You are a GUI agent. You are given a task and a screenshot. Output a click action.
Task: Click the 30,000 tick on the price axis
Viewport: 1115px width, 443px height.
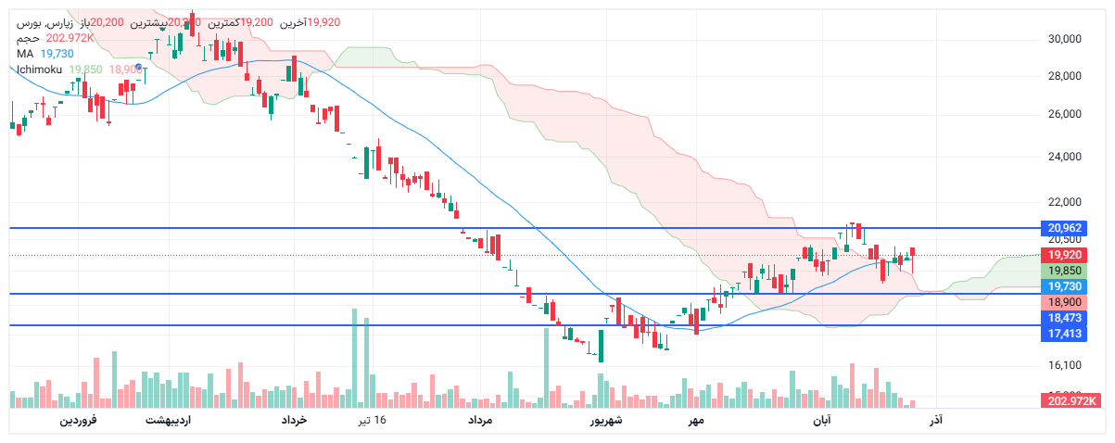1065,39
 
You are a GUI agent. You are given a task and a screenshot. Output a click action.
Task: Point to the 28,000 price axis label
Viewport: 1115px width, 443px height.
1065,77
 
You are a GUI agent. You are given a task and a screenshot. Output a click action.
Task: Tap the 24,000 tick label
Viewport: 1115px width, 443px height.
1065,157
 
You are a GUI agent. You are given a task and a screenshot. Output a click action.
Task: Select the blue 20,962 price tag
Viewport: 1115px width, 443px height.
1065,228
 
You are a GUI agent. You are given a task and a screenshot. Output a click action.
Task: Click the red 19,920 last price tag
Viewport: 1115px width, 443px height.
1065,255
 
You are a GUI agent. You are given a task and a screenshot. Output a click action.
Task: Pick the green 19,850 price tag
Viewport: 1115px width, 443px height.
1065,271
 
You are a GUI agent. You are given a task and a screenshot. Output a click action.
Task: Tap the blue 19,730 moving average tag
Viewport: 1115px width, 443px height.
1065,286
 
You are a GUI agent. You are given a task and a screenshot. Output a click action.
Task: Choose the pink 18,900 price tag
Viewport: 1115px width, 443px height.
1065,302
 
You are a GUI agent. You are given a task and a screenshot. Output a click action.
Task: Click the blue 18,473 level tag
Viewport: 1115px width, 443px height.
1065,318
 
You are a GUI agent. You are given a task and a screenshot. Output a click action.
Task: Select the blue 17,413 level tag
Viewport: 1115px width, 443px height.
1065,333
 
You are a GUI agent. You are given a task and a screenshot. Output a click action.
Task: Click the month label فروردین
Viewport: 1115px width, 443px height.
79,421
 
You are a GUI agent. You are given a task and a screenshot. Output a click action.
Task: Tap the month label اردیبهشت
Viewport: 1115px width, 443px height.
168,421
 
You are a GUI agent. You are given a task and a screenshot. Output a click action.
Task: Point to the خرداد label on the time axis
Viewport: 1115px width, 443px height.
294,421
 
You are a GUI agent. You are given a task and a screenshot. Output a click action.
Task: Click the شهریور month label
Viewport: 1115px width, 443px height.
607,421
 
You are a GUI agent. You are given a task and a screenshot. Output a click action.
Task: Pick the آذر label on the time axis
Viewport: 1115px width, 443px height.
936,421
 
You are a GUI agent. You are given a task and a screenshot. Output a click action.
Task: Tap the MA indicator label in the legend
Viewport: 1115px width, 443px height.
25,54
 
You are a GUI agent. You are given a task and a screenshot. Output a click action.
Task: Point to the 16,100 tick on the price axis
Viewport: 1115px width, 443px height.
1065,366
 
